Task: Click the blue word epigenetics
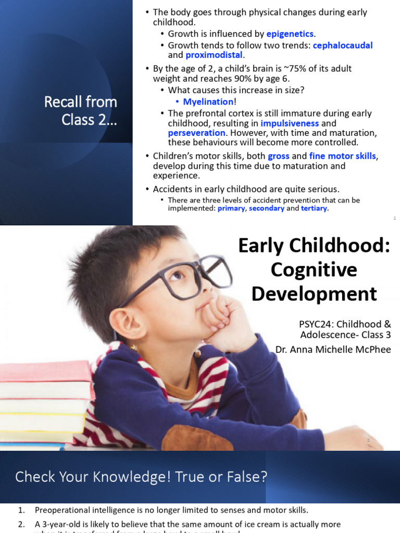tap(290, 34)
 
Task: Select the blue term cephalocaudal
tap(343, 45)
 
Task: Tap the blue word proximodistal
tap(207, 55)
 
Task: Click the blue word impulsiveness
tap(290, 123)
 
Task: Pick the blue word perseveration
tap(196, 133)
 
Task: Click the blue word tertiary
tap(314, 208)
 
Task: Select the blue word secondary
tap(267, 208)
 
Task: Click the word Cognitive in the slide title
tap(314, 270)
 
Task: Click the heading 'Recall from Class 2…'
tap(81, 110)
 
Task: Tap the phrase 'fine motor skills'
tap(343, 156)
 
